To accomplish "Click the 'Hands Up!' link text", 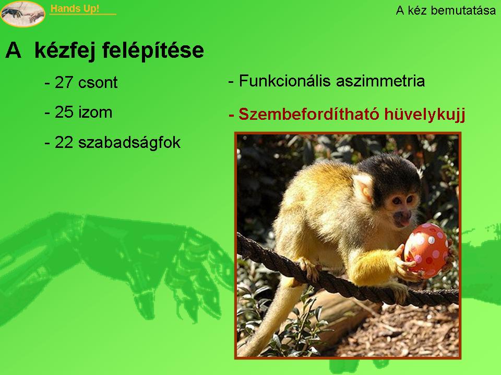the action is (x=75, y=9).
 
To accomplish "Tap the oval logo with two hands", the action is (x=22, y=14).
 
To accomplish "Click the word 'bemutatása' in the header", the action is (x=463, y=10).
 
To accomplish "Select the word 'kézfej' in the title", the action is (x=65, y=51).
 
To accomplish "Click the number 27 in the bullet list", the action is (x=64, y=82).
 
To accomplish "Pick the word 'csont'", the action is (x=98, y=83).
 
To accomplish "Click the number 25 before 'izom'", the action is (x=64, y=113).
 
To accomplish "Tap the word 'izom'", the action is (x=95, y=113).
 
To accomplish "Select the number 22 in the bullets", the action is (x=64, y=142).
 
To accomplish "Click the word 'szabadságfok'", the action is (x=129, y=143).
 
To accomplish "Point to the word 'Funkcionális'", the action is (x=285, y=81).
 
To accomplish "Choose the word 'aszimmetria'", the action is (x=380, y=81).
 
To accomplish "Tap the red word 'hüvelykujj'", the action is (x=425, y=115).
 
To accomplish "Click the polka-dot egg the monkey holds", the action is (x=426, y=251).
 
